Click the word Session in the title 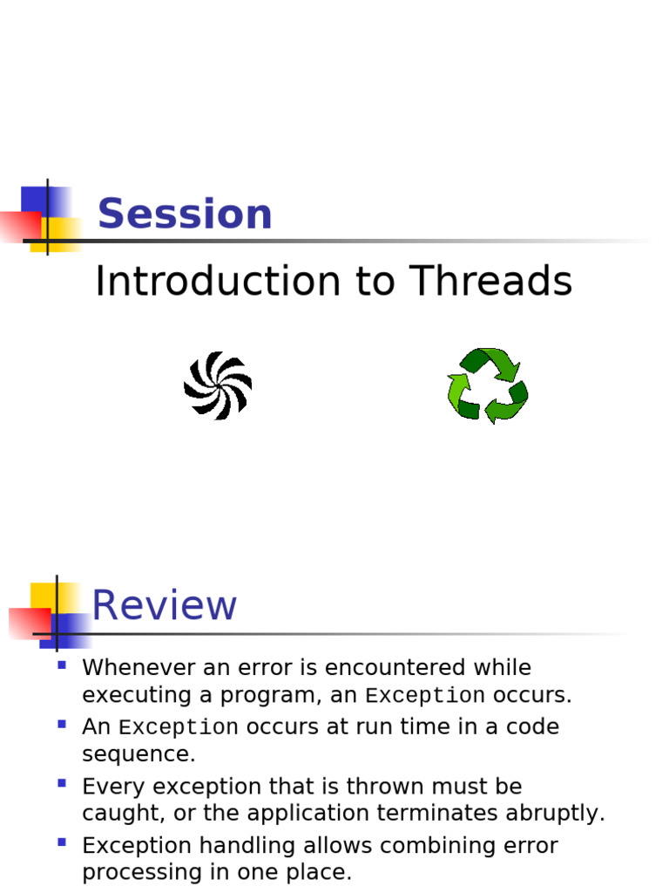click(185, 215)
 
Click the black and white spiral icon click(218, 385)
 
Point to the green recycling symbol click(487, 385)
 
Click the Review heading click(165, 606)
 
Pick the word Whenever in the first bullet click(136, 668)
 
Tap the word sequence click(139, 754)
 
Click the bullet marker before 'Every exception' click(62, 783)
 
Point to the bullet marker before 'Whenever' click(62, 665)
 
